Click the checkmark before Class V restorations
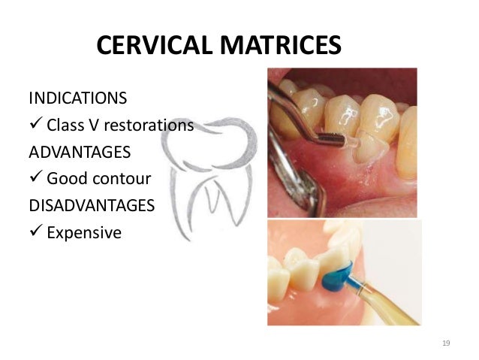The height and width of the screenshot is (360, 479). (x=35, y=125)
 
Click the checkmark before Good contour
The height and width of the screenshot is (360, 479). (x=35, y=179)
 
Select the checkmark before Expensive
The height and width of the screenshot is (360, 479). (x=35, y=232)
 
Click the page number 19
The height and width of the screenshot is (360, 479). (x=446, y=343)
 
